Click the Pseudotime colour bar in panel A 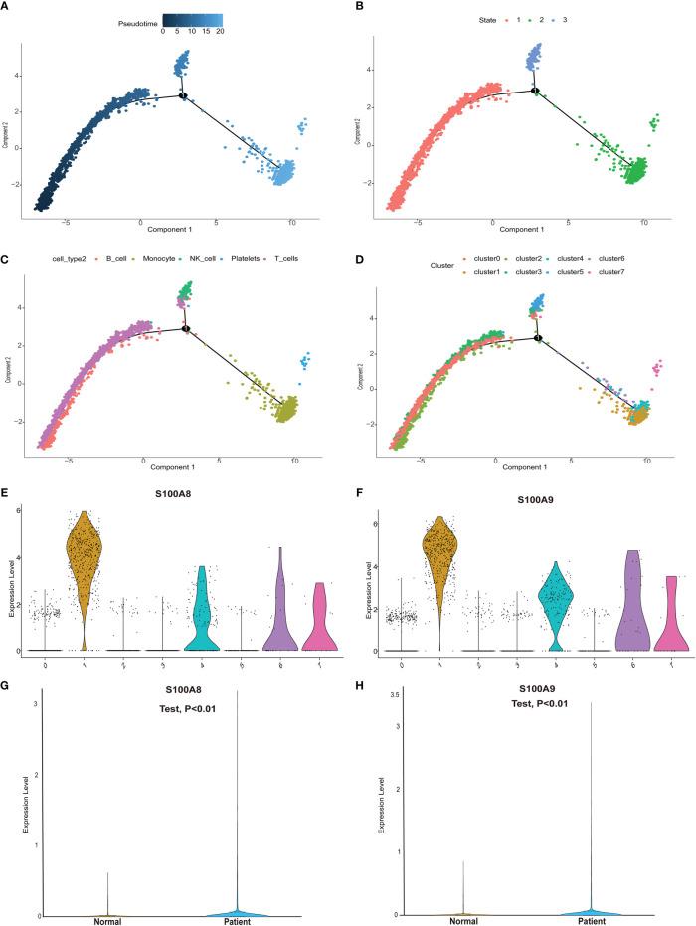point(193,18)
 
